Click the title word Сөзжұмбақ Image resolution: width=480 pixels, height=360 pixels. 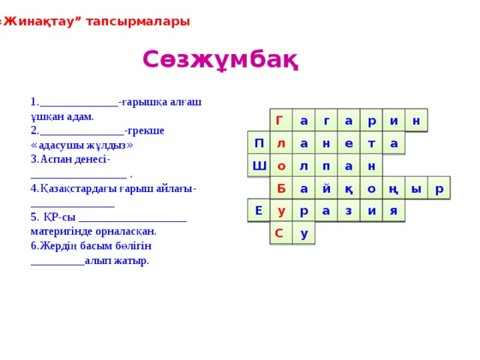pos(220,60)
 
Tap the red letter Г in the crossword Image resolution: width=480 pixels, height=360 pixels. pos(280,121)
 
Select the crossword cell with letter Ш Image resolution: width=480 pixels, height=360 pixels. pos(259,166)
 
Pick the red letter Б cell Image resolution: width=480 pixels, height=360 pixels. pos(281,188)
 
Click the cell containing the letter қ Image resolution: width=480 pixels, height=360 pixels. pos(349,188)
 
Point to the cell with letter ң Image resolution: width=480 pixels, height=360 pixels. pos(393,188)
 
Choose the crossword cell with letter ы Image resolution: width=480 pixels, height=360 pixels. pos(416,188)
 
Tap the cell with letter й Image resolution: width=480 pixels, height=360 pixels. pos(326,188)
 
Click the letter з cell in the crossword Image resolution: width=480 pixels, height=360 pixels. pos(349,211)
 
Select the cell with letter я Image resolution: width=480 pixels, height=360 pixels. pos(393,211)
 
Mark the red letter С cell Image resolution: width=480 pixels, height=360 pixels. pos(280,233)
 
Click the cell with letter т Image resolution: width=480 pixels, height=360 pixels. pos(370,143)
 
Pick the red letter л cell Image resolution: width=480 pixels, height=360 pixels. pos(280,143)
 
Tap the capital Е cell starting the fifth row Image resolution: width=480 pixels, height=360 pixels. pos(259,211)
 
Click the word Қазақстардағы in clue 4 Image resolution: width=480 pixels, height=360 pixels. pos(82,187)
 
